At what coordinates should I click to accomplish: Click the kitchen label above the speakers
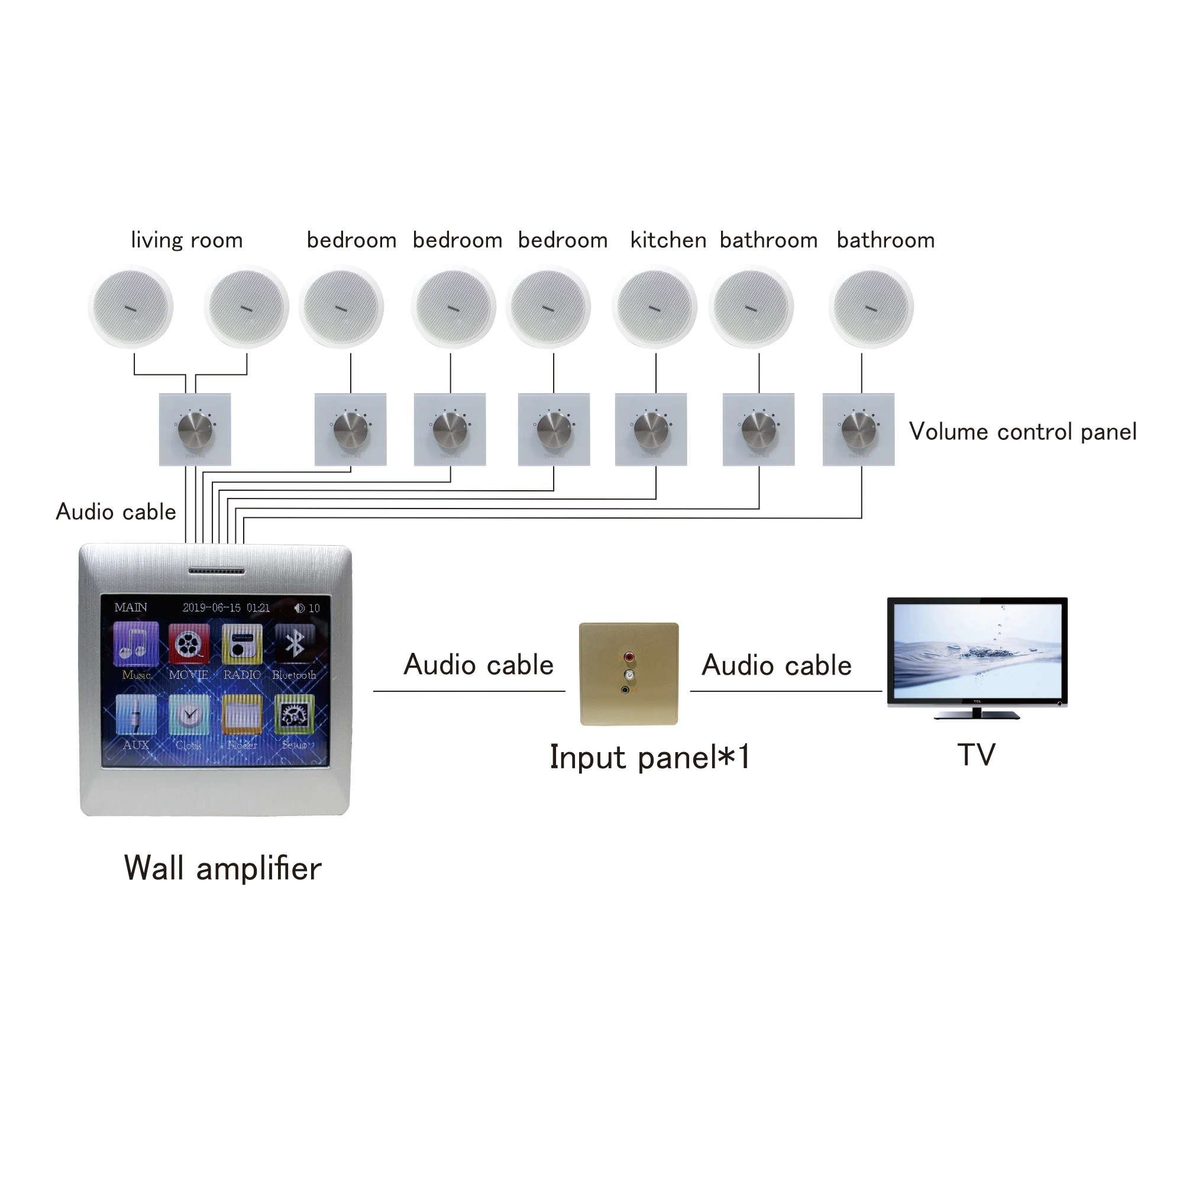point(668,240)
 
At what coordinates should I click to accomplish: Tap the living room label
point(186,240)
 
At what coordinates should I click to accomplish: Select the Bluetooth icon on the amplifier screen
point(295,644)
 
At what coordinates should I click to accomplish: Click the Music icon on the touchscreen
point(136,644)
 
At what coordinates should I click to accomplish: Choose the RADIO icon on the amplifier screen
point(242,644)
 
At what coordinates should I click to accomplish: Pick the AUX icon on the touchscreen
point(136,714)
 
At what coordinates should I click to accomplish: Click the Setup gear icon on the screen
point(295,714)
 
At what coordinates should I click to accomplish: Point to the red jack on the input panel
point(628,657)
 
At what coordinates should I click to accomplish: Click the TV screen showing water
point(977,651)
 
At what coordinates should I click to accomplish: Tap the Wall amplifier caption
point(223,868)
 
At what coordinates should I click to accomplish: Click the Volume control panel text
point(1022,432)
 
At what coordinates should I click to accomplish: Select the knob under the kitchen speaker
point(651,429)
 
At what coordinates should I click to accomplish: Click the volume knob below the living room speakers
point(195,429)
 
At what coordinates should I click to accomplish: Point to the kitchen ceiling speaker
point(654,307)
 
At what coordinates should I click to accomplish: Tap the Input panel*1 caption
point(649,757)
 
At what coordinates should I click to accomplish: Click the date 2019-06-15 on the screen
point(212,608)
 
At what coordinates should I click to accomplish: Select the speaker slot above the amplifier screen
point(216,571)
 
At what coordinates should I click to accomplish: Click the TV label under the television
point(975,755)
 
